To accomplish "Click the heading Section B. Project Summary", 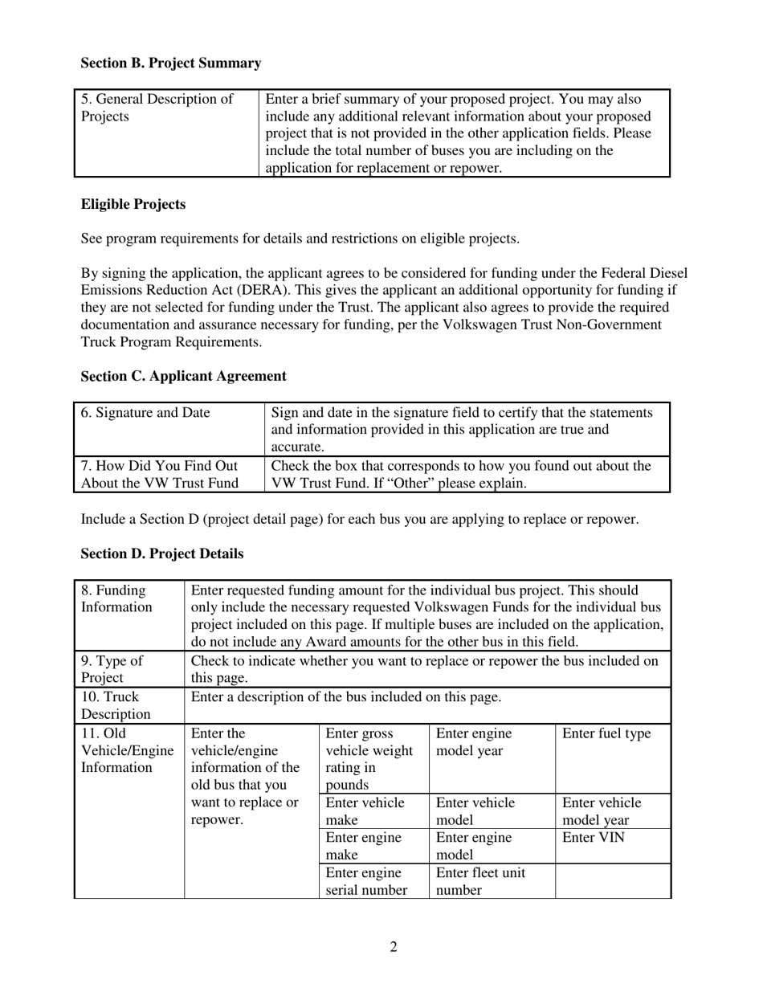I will [x=170, y=63].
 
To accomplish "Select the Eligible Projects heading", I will [x=133, y=204].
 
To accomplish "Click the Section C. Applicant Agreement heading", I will [x=183, y=376].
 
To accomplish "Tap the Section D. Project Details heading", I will [x=161, y=553].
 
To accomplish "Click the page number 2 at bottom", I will [x=394, y=947].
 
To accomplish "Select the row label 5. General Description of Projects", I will [x=157, y=108].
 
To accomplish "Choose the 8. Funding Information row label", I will [x=116, y=598].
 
